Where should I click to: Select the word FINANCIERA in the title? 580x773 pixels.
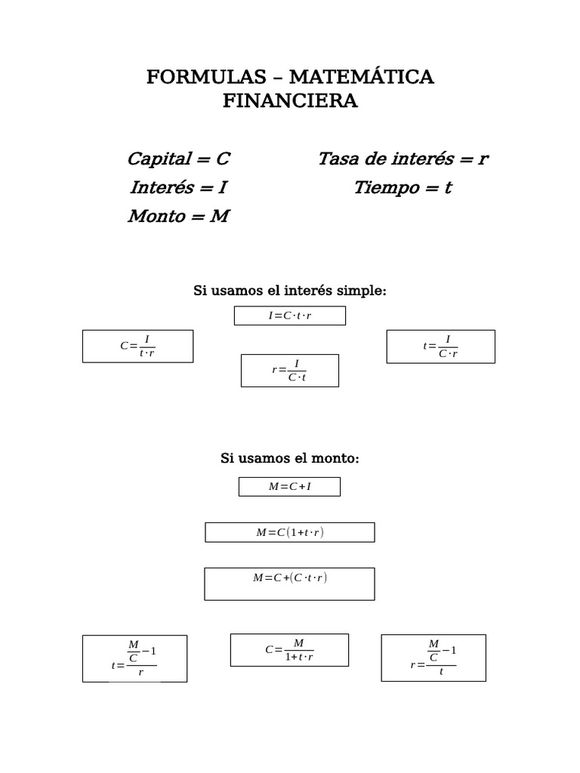click(290, 101)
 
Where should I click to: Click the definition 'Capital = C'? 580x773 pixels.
click(178, 159)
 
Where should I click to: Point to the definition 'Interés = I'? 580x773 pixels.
click(178, 188)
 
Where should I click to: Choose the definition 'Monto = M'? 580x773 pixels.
click(178, 217)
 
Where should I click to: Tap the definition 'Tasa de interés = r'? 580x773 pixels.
click(403, 159)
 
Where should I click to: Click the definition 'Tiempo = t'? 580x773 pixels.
click(403, 188)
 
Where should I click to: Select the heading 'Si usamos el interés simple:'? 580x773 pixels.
click(290, 291)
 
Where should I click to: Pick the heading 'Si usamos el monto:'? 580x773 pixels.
click(290, 458)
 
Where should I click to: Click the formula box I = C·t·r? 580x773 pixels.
click(290, 316)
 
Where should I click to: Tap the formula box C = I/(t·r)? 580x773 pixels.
click(137, 346)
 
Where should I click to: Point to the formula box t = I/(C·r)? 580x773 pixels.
click(441, 346)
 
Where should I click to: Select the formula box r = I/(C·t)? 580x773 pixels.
click(290, 371)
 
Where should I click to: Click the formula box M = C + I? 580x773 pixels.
click(290, 487)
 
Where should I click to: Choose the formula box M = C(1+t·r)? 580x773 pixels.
click(290, 532)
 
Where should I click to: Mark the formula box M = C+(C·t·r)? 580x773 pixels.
click(290, 584)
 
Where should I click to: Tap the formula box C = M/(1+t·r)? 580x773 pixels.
click(290, 650)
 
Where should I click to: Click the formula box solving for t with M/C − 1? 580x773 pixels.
click(134, 658)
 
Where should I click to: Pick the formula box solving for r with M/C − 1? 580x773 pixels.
click(433, 658)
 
